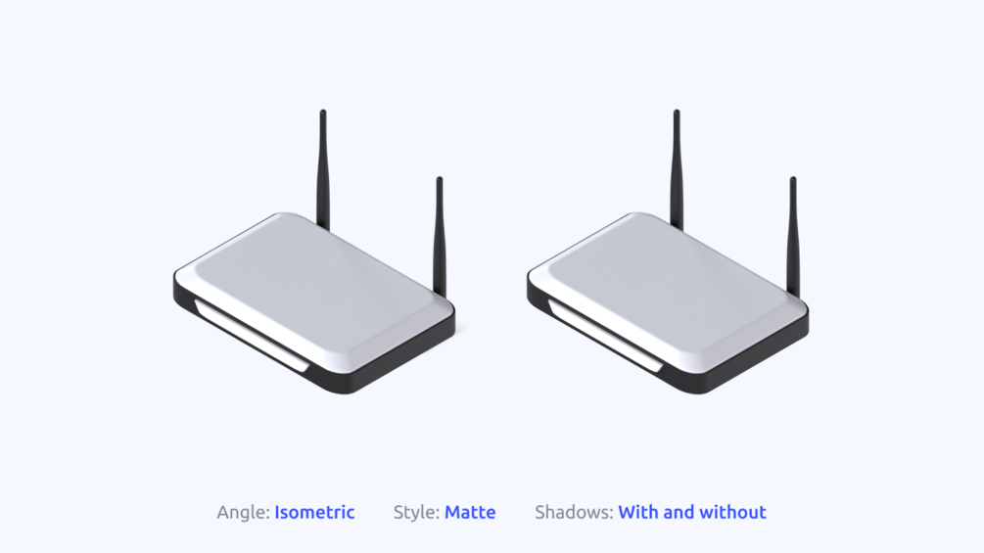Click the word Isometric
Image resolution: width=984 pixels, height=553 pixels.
click(x=314, y=512)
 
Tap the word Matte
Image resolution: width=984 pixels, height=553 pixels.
click(x=470, y=512)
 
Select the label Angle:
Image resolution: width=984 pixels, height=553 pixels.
click(x=243, y=512)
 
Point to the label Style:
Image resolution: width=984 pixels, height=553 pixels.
click(x=416, y=512)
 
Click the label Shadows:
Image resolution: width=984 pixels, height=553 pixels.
click(x=574, y=512)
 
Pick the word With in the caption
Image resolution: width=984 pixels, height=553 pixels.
click(x=639, y=512)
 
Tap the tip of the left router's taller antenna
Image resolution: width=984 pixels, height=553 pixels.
click(x=323, y=114)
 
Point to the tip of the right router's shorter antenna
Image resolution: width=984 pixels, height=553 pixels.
click(x=793, y=181)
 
